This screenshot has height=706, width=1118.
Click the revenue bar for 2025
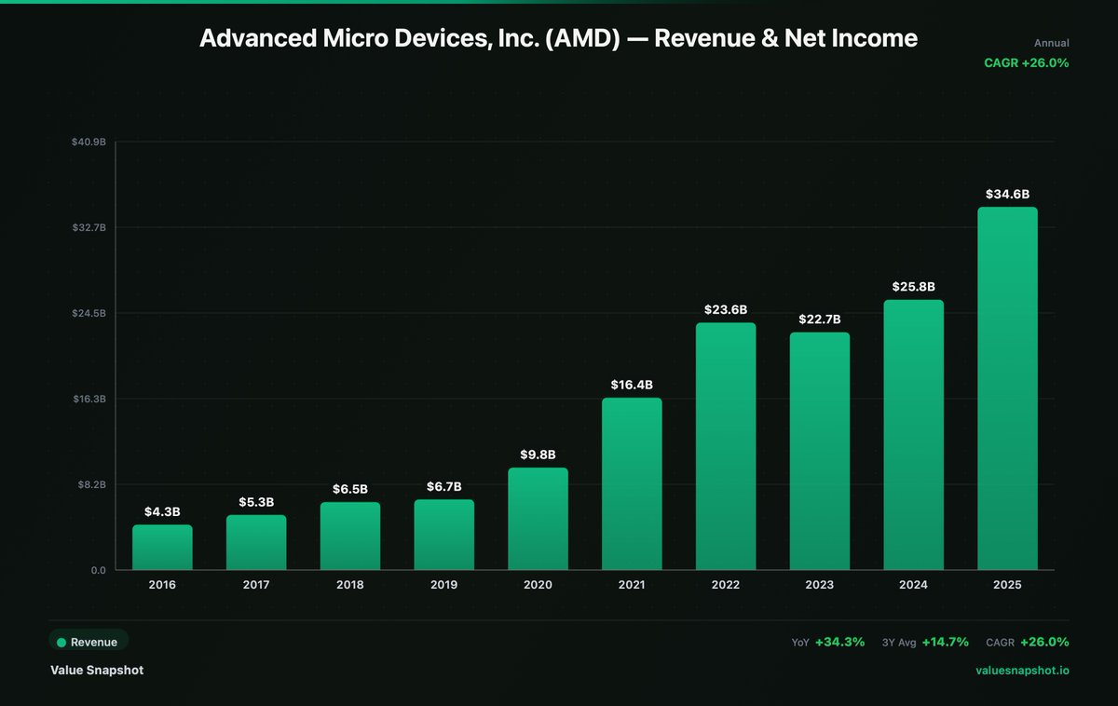click(x=1007, y=388)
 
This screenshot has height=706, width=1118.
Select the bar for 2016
click(x=162, y=548)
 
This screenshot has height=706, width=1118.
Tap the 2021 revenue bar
click(x=632, y=483)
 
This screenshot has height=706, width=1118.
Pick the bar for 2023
click(x=820, y=451)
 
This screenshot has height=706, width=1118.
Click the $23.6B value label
click(x=726, y=310)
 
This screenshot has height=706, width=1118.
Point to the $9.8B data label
click(x=538, y=455)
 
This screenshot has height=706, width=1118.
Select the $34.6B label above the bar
click(x=1007, y=194)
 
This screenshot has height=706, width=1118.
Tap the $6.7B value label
click(x=443, y=486)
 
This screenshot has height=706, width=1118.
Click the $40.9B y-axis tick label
click(x=89, y=142)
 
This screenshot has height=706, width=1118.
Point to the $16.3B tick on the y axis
click(x=89, y=399)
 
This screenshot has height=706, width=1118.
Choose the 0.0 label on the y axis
click(x=99, y=570)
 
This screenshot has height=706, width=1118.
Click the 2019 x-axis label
click(x=443, y=585)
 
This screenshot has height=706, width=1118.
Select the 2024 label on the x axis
click(x=913, y=585)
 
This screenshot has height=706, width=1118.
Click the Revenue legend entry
click(x=89, y=642)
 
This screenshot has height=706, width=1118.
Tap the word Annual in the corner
click(x=1052, y=44)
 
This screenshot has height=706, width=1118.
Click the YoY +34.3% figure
click(x=828, y=642)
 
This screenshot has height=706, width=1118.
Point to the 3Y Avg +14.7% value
click(x=925, y=642)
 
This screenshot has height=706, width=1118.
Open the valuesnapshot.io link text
click(x=1022, y=671)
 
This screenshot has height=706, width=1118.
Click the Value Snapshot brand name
click(x=97, y=670)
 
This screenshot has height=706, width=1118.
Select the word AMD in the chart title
click(x=582, y=38)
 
